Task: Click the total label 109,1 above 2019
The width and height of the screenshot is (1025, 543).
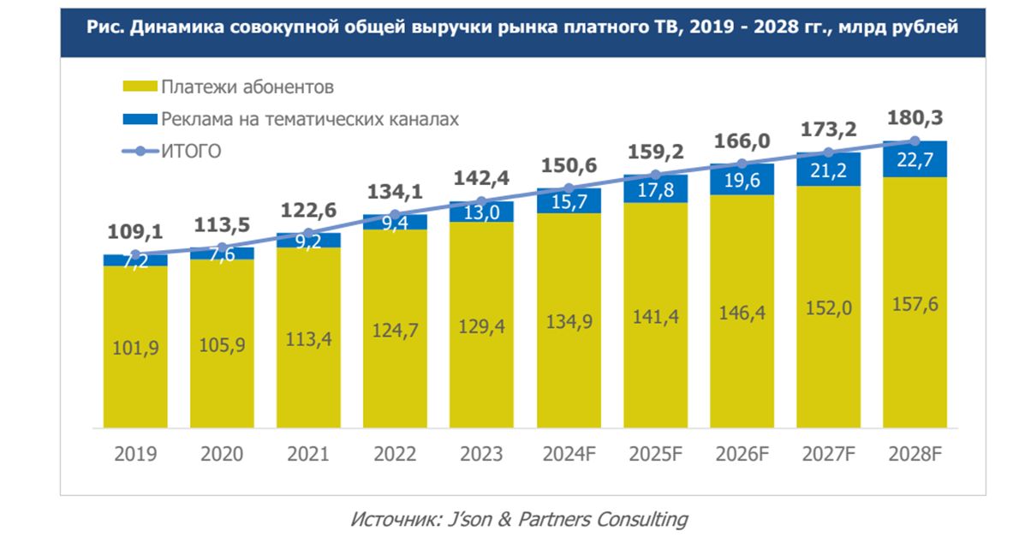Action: (135, 230)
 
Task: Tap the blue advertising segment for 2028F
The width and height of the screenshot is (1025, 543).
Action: (915, 159)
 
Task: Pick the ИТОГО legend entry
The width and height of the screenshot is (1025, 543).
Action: (191, 152)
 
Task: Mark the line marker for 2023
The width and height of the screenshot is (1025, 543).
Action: (482, 202)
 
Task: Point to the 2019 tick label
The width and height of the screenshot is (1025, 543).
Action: (135, 454)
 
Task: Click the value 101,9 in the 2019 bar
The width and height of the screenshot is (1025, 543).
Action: (135, 348)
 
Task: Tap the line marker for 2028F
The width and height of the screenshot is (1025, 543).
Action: (915, 141)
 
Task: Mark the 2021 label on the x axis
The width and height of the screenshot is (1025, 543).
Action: (308, 454)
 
